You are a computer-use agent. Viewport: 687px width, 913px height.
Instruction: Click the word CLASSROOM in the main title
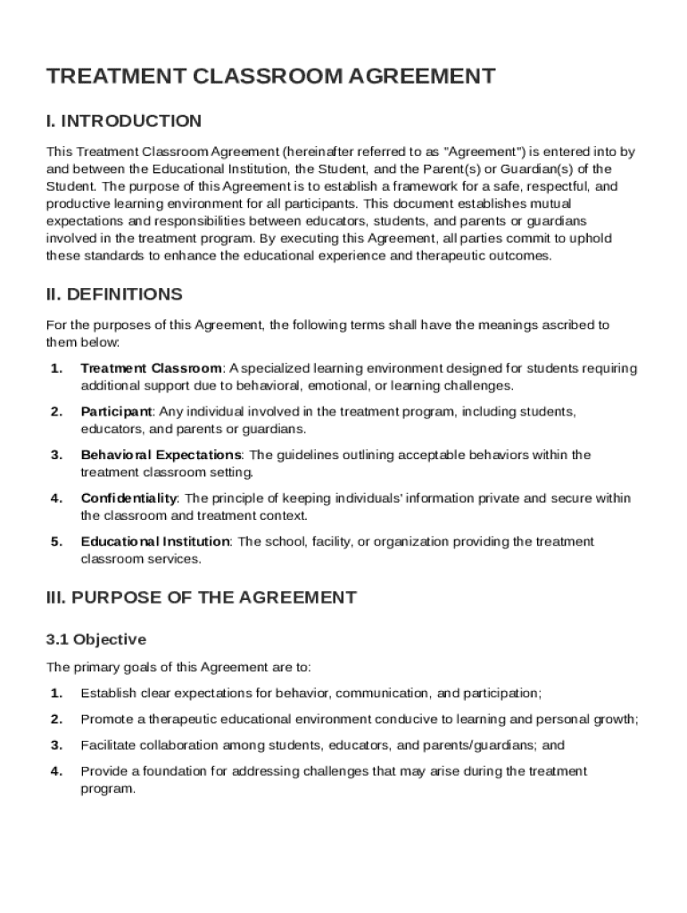tap(261, 77)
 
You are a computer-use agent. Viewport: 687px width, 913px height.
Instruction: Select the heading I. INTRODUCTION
tap(124, 121)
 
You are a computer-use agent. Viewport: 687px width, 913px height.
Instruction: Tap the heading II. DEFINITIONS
tap(114, 294)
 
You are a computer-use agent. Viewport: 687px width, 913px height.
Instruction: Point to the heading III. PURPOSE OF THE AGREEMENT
tap(201, 597)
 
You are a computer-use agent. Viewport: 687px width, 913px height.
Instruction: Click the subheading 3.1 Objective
tap(95, 639)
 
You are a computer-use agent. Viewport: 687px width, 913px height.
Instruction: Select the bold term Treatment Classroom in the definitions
tap(151, 368)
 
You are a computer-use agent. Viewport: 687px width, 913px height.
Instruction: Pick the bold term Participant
tap(116, 412)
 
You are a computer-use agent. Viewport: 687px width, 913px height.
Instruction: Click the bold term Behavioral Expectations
tap(161, 455)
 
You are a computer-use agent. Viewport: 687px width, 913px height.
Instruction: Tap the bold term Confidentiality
tap(130, 498)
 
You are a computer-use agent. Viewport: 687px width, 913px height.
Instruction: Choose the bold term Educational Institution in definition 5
tap(155, 542)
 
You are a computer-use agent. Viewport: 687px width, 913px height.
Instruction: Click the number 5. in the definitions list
tap(56, 542)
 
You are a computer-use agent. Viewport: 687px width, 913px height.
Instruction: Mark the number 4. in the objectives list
tap(56, 771)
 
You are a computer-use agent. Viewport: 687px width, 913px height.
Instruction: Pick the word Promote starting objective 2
tap(105, 719)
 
